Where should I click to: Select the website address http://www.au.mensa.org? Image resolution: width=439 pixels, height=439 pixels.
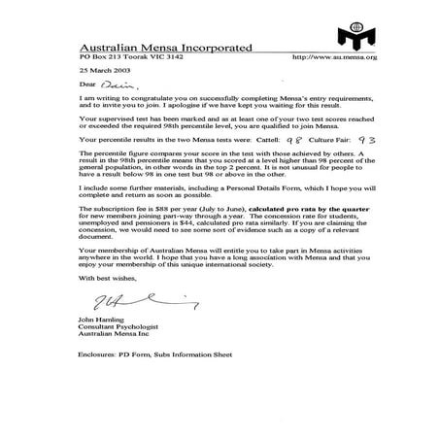342,57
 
